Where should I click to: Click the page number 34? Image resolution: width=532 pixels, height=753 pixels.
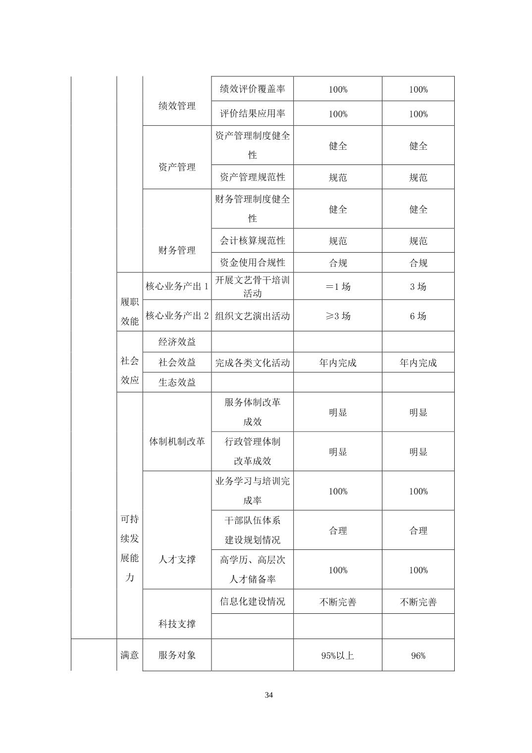268,695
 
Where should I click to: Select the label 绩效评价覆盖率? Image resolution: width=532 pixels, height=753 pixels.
252,89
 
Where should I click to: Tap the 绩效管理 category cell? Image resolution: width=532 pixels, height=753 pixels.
177,106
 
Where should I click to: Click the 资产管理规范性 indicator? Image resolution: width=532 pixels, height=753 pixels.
252,177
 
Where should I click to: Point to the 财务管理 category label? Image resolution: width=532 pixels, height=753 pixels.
177,250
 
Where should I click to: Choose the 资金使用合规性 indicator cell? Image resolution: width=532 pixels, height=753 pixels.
252,263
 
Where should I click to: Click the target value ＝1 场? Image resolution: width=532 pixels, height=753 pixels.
338,286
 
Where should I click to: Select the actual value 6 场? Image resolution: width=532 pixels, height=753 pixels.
418,316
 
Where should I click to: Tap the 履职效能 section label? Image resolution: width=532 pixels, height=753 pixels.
130,311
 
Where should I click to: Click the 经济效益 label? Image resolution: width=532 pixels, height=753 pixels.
177,342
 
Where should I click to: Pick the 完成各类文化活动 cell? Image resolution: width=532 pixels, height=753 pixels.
252,363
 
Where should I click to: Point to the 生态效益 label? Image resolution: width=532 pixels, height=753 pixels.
177,382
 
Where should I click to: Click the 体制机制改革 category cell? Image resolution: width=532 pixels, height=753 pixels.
177,441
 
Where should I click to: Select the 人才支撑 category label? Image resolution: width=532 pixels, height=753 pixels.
177,559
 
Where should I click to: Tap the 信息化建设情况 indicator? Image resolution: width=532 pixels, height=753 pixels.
252,601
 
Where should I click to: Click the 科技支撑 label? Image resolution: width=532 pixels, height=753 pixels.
177,624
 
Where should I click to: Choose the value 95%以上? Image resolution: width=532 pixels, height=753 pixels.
338,655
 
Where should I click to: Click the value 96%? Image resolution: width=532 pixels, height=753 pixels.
418,655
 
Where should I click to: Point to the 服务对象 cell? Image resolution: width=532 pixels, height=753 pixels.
177,655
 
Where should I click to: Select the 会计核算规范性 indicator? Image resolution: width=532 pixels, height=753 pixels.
252,241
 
